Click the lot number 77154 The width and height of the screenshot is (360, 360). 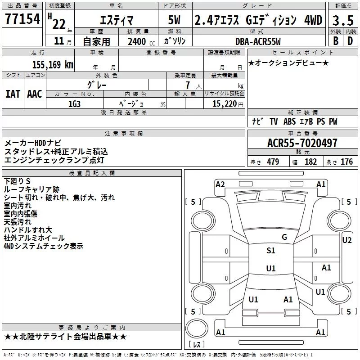(22, 18)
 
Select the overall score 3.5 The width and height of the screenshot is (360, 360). (343, 20)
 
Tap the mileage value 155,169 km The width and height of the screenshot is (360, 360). (53, 64)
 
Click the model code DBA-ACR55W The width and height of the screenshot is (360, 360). (258, 41)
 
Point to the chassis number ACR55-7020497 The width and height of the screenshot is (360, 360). (302, 143)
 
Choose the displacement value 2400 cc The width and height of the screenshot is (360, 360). (141, 41)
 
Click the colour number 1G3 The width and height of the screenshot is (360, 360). (74, 104)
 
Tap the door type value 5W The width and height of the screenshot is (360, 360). (174, 20)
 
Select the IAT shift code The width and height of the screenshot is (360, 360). (13, 94)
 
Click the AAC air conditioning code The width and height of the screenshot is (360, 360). (35, 94)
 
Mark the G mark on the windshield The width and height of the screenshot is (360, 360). (284, 237)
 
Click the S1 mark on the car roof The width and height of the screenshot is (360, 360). (271, 251)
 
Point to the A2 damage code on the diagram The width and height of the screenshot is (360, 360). (220, 184)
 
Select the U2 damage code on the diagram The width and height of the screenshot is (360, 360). (346, 240)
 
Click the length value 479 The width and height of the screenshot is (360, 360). (273, 162)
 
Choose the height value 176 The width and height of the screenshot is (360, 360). (346, 162)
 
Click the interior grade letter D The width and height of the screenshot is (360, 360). (350, 41)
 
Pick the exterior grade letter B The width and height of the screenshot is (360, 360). (336, 41)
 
